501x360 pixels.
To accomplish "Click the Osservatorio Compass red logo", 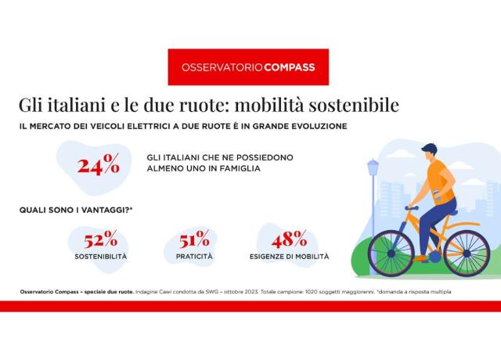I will [x=248, y=67].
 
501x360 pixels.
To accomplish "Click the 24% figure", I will [x=99, y=164].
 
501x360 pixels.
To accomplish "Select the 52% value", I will [x=100, y=239].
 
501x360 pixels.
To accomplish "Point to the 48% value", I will [x=289, y=239].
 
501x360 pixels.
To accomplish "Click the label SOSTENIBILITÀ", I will [x=100, y=257].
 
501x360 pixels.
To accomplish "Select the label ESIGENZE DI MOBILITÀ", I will [x=289, y=257].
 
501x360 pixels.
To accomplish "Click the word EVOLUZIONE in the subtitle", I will [x=312, y=125].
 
